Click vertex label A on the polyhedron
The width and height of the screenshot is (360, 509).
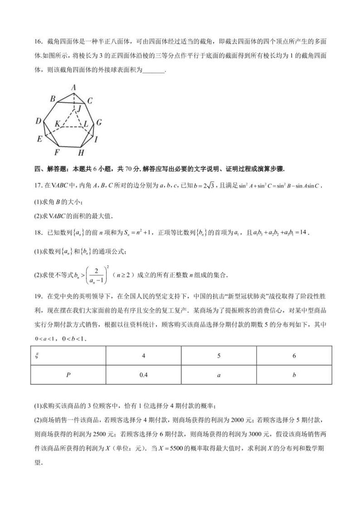point(73,88)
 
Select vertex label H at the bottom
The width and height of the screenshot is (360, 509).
point(81,153)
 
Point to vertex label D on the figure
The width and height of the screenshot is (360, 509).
point(39,121)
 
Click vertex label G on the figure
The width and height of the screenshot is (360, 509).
point(98,122)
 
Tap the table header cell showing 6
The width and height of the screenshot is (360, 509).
point(294,356)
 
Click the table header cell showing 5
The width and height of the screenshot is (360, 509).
point(219,356)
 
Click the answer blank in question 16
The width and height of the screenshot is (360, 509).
point(153,70)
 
